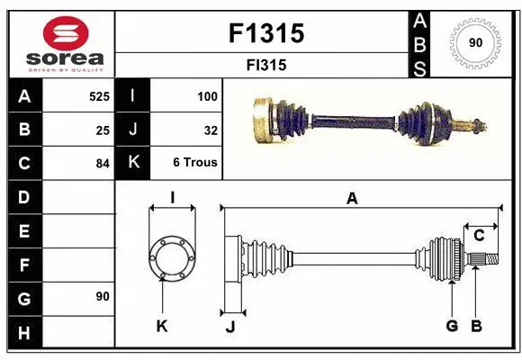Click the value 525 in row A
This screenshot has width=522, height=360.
[x=98, y=94]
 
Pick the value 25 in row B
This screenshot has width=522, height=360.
[x=102, y=130]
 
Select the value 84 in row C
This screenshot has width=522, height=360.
[x=102, y=164]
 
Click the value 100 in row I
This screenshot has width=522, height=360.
[x=207, y=94]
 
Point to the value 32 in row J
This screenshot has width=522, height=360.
[x=211, y=130]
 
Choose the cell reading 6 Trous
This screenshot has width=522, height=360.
[x=195, y=164]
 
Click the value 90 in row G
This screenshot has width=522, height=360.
[x=102, y=296]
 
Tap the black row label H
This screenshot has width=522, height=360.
[x=24, y=332]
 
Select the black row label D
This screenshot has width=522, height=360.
[x=24, y=196]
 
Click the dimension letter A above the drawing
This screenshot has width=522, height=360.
[x=352, y=198]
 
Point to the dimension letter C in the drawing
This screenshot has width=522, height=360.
[x=480, y=236]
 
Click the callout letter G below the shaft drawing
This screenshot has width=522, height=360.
[x=452, y=326]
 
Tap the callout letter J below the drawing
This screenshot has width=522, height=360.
[x=229, y=327]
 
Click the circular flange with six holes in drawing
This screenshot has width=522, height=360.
[x=171, y=257]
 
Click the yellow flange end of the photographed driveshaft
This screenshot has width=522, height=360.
[x=264, y=120]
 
